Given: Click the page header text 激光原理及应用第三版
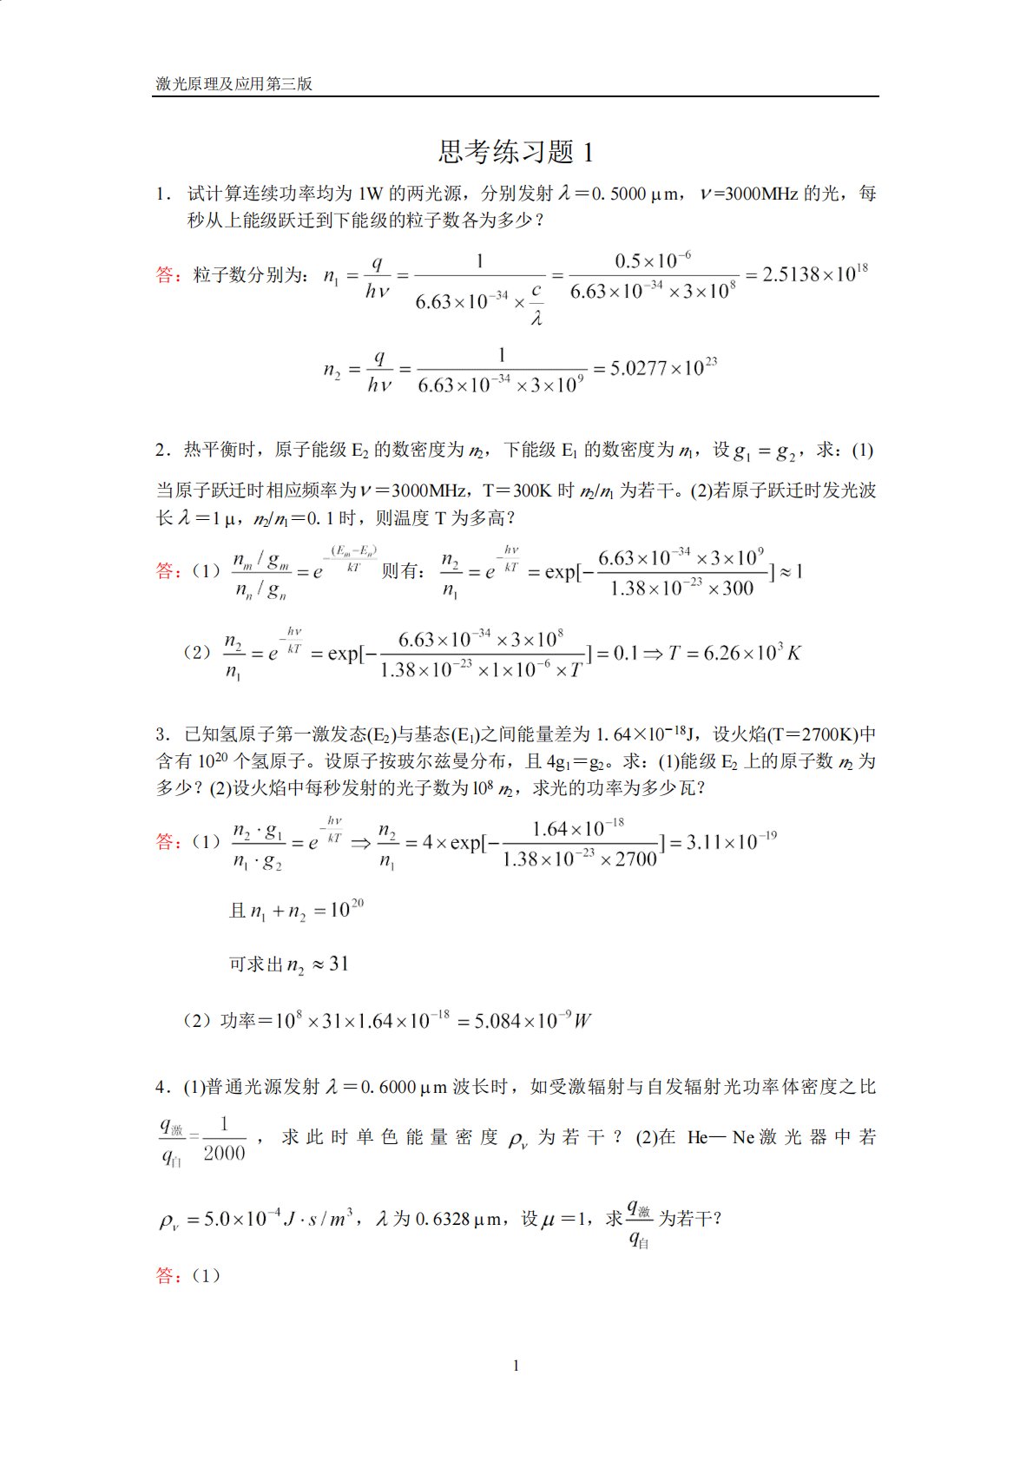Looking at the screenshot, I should [x=234, y=84].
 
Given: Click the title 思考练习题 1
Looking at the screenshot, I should [x=516, y=152].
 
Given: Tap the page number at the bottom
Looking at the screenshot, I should [x=516, y=1366].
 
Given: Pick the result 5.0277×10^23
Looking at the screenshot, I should [x=663, y=368].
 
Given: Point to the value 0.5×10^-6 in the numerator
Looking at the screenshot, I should [x=653, y=261].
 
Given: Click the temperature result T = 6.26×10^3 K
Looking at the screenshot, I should [x=734, y=653].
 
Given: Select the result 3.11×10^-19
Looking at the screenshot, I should [x=731, y=841].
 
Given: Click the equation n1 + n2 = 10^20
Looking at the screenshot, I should [x=296, y=911].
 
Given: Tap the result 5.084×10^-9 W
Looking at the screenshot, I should [x=532, y=1021].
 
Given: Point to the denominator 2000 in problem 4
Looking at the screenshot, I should [x=224, y=1153].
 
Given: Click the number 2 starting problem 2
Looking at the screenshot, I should [x=161, y=450].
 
